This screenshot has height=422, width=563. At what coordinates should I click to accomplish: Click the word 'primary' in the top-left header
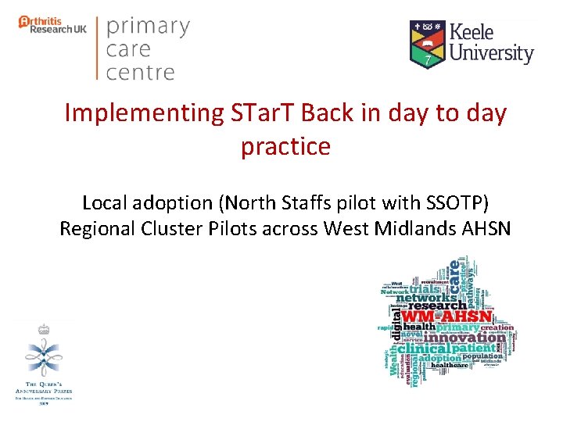[x=148, y=27]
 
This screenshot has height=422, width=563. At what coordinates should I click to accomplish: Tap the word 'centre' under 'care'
[x=140, y=73]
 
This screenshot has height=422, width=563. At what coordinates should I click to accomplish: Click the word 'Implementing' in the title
[x=133, y=114]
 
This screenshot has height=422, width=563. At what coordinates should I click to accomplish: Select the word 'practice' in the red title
[x=285, y=146]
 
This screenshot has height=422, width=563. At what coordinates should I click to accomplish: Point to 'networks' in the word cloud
[x=426, y=297]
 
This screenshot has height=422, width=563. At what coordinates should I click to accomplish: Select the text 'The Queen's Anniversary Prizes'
[x=44, y=388]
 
